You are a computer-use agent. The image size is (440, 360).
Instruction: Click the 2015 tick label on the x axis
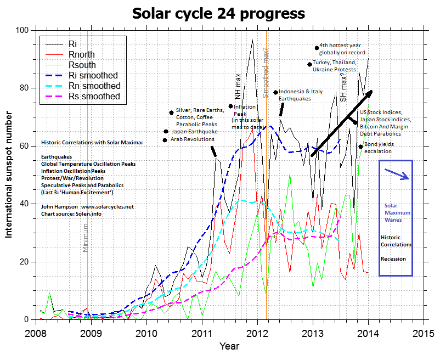(x=425, y=333)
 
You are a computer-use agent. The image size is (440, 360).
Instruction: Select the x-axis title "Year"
(x=229, y=346)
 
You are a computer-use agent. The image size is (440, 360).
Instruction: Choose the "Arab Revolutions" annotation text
(x=192, y=139)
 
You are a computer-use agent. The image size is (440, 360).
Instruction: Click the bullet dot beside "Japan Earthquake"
(x=166, y=132)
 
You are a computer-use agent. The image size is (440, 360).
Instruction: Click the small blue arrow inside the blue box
(x=396, y=174)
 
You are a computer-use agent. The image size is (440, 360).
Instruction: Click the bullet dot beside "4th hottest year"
(x=317, y=48)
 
